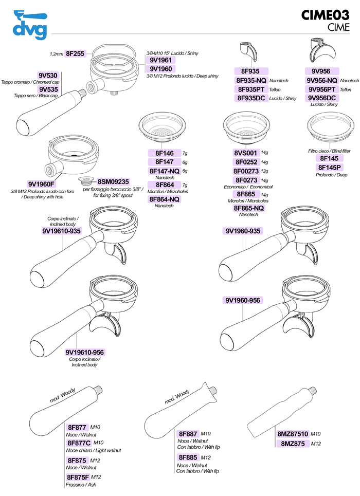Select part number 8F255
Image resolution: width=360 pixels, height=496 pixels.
point(75,53)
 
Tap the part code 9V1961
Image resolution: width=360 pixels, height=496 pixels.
point(160,60)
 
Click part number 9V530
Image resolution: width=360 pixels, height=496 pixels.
point(48,76)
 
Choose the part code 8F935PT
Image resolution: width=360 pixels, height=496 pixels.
point(251,89)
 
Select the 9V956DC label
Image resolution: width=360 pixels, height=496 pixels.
point(321,98)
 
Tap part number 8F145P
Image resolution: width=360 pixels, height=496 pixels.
point(330,167)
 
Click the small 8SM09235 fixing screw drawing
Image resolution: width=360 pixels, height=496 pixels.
point(85,181)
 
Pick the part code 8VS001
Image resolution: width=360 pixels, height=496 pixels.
point(245,153)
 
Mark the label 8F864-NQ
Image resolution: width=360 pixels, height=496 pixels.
point(164,199)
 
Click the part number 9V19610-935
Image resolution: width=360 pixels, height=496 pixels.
point(62,231)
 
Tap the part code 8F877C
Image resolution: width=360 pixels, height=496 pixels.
point(79,443)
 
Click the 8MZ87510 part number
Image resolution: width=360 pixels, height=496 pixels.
point(293,434)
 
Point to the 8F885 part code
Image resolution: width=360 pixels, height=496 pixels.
point(188,457)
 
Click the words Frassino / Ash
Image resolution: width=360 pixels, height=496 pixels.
point(81,484)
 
